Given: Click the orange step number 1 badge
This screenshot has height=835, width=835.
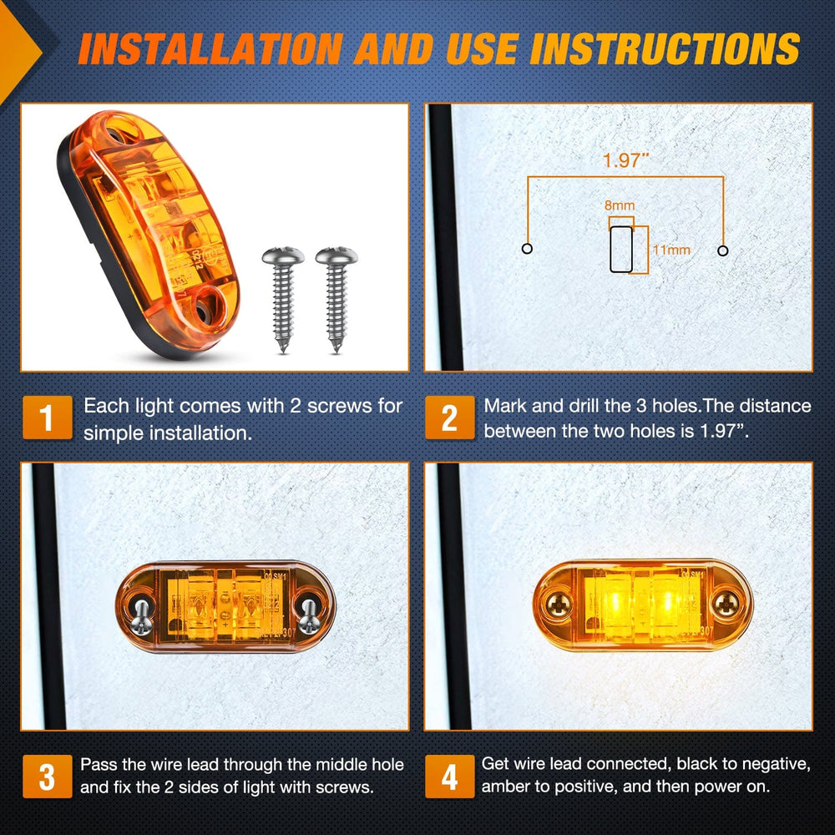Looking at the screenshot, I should tap(47, 418).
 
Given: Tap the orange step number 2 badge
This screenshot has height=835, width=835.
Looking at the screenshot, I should tap(449, 418).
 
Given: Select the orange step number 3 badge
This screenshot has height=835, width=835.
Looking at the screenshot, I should tap(47, 777).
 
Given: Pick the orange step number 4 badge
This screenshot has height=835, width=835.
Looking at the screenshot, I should tap(449, 777).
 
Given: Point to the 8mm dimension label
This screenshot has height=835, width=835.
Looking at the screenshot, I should tap(619, 204).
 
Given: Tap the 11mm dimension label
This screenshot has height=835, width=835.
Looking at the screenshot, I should tap(671, 249).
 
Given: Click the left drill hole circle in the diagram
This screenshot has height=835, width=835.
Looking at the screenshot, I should tap(527, 249).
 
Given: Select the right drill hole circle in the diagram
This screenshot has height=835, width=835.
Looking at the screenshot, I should tap(723, 250).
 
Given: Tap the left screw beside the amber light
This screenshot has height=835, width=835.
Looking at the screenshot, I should tap(281, 298).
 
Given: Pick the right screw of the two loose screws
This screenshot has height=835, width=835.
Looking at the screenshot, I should tap(336, 298).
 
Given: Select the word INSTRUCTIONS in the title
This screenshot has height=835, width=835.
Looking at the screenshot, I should tap(665, 48).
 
